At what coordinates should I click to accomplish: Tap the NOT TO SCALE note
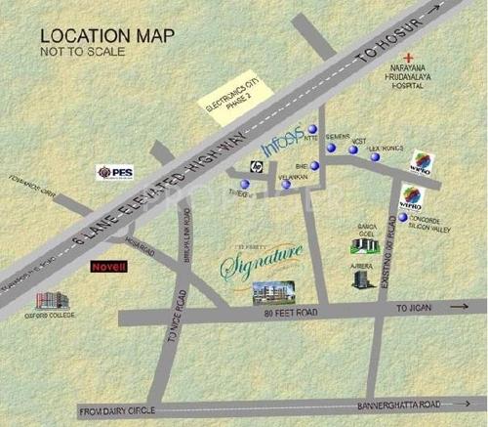(x=83, y=54)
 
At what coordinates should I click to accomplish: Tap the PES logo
(x=114, y=172)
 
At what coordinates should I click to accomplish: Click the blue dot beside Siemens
(x=330, y=148)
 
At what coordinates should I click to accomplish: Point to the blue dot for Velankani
(x=286, y=184)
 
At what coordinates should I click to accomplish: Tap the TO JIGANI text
(x=413, y=307)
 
